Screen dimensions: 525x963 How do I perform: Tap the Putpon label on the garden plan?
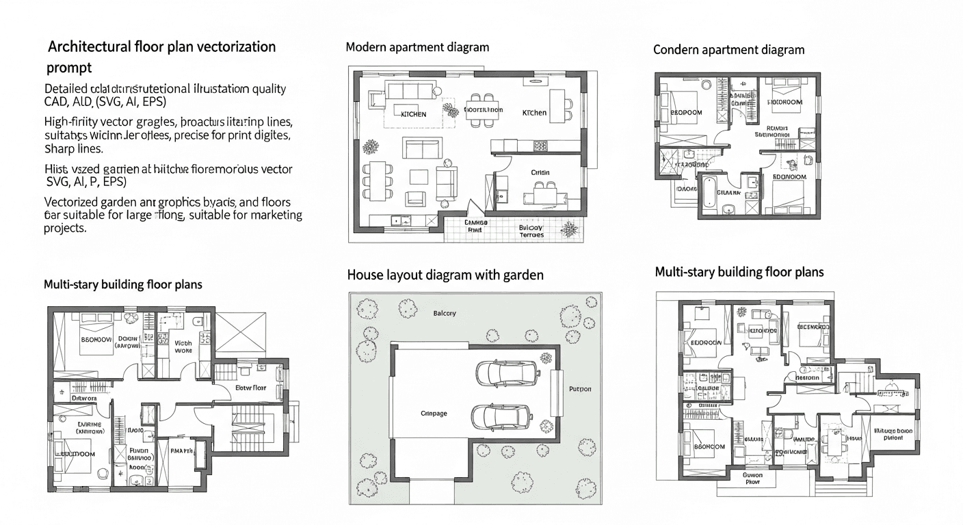point(580,389)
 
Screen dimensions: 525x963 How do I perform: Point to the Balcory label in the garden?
point(445,313)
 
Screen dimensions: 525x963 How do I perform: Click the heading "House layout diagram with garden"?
point(445,275)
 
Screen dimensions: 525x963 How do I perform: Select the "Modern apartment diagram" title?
point(417,47)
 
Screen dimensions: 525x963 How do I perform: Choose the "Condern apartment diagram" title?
point(728,50)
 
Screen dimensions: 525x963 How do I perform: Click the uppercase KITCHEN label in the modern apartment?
point(413,114)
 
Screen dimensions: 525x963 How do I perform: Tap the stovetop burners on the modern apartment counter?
point(540,145)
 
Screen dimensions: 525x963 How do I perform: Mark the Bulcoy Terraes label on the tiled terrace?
point(531,231)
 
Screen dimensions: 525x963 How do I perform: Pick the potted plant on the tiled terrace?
point(569,228)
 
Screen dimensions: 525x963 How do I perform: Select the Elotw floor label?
point(250,388)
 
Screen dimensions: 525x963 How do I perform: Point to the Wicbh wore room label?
point(183,347)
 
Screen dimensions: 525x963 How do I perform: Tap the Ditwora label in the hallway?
point(84,396)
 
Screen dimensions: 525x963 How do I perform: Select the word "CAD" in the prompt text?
point(57,102)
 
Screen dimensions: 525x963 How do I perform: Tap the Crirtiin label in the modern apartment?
point(540,173)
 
